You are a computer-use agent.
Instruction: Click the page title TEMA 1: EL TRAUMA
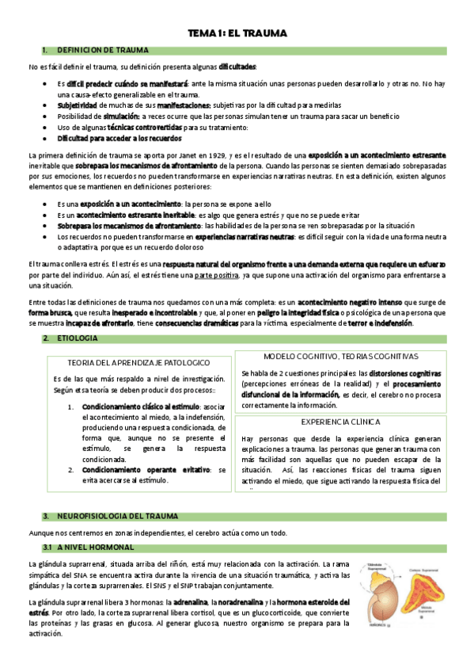(237, 34)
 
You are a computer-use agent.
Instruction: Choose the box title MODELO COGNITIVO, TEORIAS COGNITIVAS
(341, 357)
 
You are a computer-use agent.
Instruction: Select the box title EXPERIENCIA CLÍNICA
(341, 422)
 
